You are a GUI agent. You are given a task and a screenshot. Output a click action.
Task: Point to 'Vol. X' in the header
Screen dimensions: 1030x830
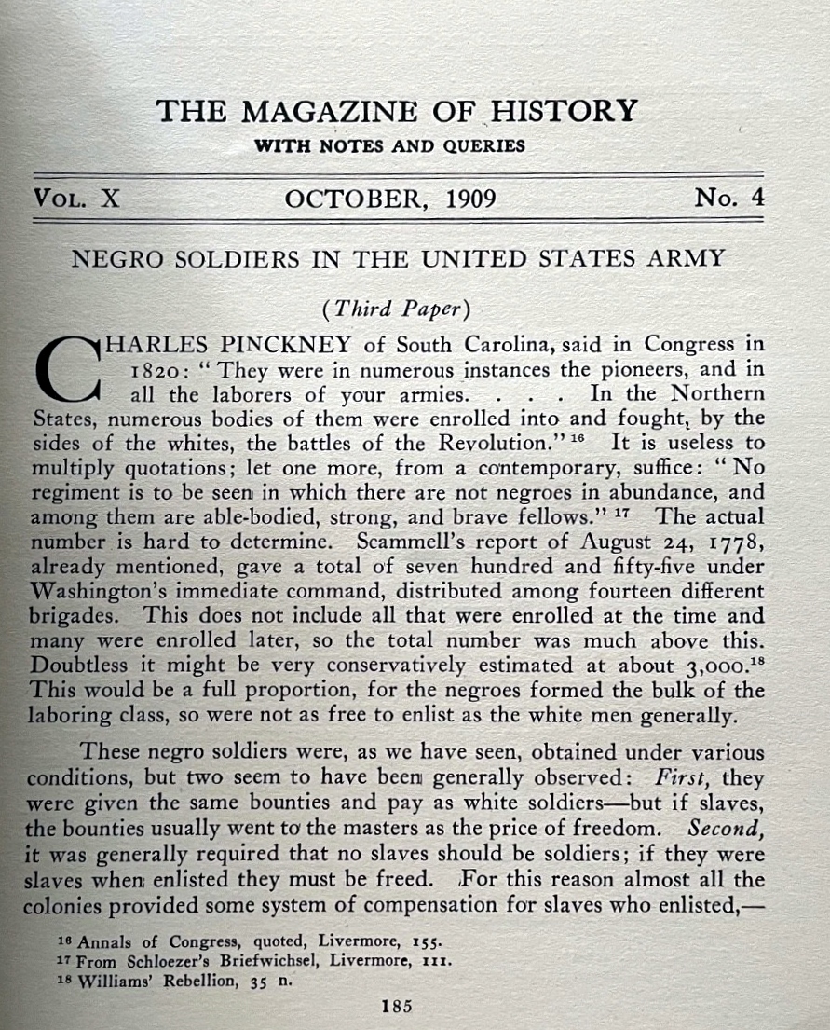point(76,199)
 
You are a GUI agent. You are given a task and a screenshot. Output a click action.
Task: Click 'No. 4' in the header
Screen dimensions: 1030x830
point(728,198)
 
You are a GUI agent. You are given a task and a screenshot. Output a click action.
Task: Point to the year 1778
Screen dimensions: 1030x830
point(734,541)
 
